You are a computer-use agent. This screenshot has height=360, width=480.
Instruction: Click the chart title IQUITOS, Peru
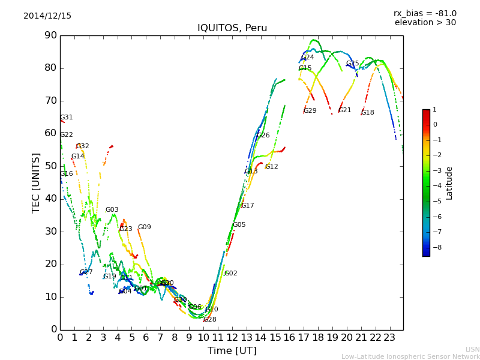point(232,28)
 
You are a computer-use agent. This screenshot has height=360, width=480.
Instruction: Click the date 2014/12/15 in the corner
point(47,16)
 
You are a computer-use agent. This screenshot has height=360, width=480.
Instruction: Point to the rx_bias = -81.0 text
point(425,13)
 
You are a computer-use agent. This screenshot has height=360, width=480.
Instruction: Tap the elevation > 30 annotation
point(425,23)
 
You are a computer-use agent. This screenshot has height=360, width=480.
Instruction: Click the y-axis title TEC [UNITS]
point(36,182)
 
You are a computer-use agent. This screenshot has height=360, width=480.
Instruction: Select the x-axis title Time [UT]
point(232,351)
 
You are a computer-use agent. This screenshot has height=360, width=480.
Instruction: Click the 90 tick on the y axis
point(50,35)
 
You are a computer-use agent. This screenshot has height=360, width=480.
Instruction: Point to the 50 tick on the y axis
point(50,166)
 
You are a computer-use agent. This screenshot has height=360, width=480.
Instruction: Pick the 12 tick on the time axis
point(232,338)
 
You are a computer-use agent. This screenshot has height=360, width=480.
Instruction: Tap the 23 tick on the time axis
point(389,338)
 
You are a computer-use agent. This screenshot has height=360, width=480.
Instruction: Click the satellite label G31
point(66,118)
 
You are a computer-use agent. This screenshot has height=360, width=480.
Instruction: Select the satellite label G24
point(307,58)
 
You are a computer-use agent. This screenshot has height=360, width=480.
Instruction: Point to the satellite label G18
point(367,113)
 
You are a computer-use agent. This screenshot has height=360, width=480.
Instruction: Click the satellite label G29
point(310,111)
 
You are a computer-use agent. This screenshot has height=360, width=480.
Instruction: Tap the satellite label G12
point(271,167)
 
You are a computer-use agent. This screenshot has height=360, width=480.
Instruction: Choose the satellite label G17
point(247,206)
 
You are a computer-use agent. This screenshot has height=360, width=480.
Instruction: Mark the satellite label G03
point(112,210)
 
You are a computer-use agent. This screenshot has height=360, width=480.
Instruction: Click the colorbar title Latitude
point(449,183)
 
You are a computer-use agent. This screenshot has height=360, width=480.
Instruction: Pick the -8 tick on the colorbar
point(434,246)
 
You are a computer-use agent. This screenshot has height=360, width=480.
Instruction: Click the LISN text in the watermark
point(472,349)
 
